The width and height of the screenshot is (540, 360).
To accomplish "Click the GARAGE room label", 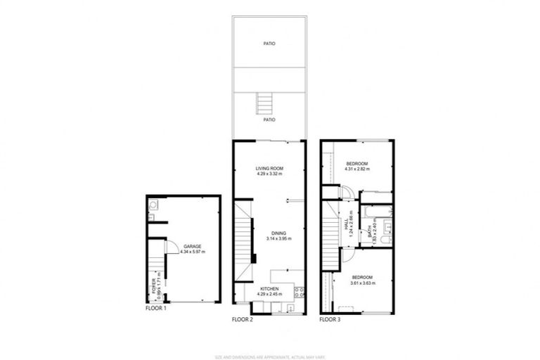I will (192, 245).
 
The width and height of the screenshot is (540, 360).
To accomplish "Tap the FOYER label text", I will (154, 285).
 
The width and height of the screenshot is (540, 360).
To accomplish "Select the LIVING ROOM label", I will (269, 167).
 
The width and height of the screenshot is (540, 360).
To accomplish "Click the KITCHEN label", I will (270, 289).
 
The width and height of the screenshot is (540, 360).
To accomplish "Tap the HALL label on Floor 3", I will (347, 222).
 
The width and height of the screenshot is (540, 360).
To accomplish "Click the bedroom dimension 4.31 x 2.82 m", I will (356, 169).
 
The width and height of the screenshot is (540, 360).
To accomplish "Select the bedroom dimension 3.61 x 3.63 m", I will (364, 283).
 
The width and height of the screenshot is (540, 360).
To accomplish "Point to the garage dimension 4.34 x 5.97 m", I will (192, 251).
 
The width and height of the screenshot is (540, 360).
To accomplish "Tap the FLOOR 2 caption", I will (242, 319).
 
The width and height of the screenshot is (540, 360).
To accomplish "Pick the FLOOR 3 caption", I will (329, 319).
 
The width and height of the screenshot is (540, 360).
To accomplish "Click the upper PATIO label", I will (269, 44).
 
